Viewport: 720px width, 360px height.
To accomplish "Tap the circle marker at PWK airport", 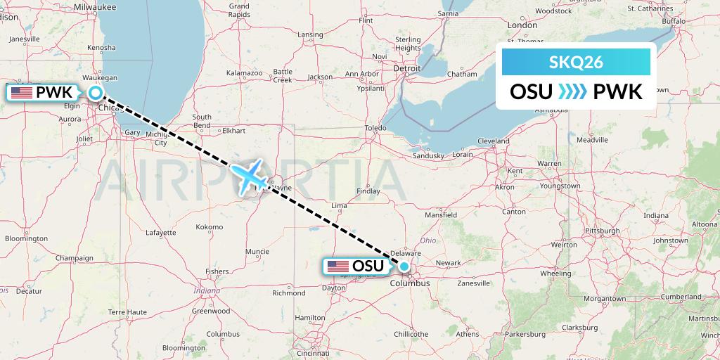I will coord(95,92).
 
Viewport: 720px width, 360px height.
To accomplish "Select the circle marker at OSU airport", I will coord(404,266).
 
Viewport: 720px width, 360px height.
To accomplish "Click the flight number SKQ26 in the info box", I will coord(575,63).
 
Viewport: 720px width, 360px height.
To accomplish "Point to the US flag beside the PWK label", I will coord(21,92).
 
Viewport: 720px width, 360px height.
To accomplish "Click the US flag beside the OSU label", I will coord(337,266).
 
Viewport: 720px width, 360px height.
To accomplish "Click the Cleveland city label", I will coord(493,141).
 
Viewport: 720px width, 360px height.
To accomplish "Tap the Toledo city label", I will coord(376,129).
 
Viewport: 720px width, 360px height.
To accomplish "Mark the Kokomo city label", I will coord(210,226).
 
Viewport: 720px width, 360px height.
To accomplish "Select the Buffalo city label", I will coord(673,21).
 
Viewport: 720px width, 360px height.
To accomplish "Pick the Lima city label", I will coord(339,205).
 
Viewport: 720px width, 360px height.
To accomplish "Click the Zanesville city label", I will coord(472,283).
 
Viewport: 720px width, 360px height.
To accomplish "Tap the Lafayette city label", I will coord(160,232).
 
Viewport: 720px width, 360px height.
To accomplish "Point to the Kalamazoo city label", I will coord(245,72).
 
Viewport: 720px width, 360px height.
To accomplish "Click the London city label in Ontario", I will coord(522,25).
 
